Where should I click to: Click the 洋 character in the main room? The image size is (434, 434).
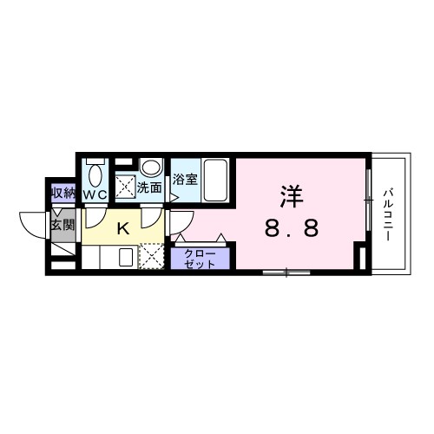[x=291, y=196]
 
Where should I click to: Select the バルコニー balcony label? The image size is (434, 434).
[x=390, y=214]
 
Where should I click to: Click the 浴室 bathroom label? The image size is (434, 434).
[x=184, y=181]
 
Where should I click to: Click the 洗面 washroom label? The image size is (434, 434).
[x=149, y=186]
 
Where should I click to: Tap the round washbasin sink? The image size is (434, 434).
[x=151, y=167]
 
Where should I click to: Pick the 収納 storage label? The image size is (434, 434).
[x=62, y=194]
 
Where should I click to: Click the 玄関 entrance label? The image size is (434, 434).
[x=62, y=225]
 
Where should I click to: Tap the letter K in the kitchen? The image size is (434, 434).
[x=123, y=229]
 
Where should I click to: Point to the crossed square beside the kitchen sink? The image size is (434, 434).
[x=152, y=258]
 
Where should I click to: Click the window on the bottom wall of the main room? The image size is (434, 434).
[x=286, y=273]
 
